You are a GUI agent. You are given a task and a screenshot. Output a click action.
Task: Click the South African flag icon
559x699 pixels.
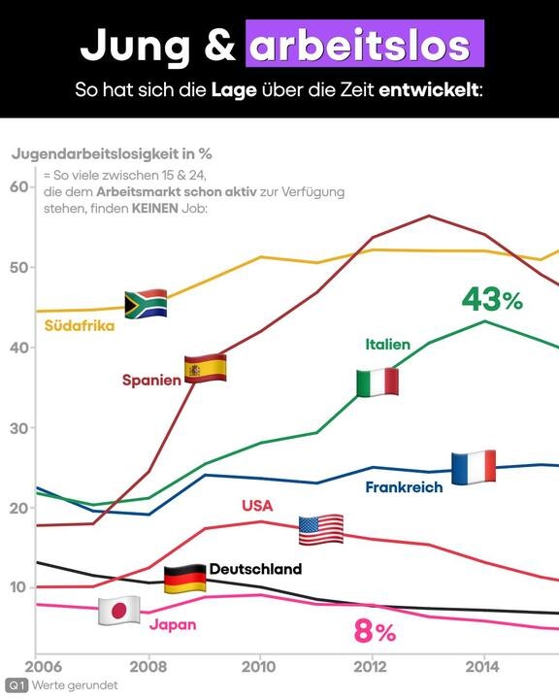pyautogui.click(x=146, y=304)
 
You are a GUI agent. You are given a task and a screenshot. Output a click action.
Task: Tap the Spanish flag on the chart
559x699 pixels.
pyautogui.click(x=206, y=368)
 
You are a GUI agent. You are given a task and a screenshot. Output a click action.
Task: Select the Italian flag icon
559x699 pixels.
pyautogui.click(x=378, y=383)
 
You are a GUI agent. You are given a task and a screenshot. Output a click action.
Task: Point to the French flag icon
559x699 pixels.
pyautogui.click(x=474, y=467)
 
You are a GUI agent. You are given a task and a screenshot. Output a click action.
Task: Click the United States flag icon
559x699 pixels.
pyautogui.click(x=321, y=530)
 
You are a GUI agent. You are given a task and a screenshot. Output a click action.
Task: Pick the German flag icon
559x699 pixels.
pyautogui.click(x=185, y=579)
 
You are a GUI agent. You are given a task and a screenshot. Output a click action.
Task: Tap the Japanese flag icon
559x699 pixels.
pyautogui.click(x=119, y=611)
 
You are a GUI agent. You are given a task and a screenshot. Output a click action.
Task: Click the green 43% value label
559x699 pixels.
pyautogui.click(x=492, y=299)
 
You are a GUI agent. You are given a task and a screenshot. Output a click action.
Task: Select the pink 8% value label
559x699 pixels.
pyautogui.click(x=375, y=631)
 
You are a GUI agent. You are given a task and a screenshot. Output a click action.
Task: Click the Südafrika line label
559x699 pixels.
pyautogui.click(x=80, y=325)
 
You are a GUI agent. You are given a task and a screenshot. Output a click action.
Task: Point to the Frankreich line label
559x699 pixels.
pyautogui.click(x=405, y=486)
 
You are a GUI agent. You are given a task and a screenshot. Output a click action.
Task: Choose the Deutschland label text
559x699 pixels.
pyautogui.click(x=256, y=569)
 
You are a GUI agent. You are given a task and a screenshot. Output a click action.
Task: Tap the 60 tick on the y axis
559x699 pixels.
pyautogui.click(x=19, y=186)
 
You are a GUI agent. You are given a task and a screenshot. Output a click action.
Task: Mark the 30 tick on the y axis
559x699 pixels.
pyautogui.click(x=19, y=428)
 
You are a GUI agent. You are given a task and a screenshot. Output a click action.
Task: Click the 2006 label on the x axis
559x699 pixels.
pyautogui.click(x=44, y=667)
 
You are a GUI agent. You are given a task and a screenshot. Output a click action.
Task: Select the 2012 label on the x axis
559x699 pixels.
pyautogui.click(x=372, y=667)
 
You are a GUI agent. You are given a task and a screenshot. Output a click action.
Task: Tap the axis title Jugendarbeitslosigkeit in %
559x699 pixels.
pyautogui.click(x=112, y=153)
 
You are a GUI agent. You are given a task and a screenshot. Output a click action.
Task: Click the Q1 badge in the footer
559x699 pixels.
pyautogui.click(x=16, y=685)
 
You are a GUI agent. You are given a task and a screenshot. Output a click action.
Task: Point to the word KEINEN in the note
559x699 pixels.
pyautogui.click(x=154, y=208)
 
